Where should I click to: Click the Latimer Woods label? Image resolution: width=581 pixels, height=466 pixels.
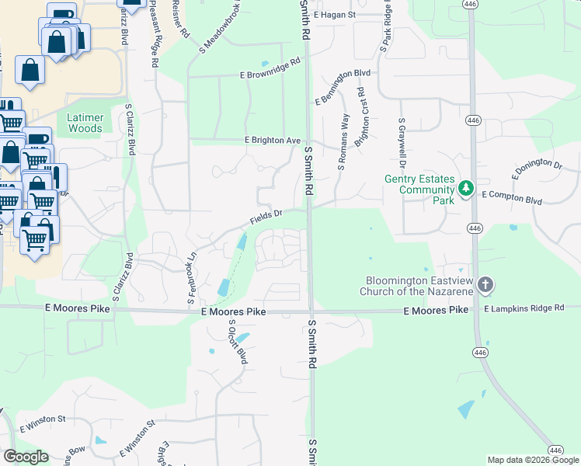coord(85,123)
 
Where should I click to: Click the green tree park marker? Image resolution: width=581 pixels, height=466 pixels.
coord(466,188)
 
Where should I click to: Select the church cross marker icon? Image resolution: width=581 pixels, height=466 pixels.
coord(485,284)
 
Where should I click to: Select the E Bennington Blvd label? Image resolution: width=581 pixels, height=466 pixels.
coord(343,86)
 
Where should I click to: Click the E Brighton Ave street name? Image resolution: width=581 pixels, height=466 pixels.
coord(272,140)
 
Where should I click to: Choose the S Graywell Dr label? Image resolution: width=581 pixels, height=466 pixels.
coord(402,143)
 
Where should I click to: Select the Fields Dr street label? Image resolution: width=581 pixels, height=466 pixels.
coord(265,217)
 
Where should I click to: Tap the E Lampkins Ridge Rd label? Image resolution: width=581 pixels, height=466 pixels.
coord(524,308)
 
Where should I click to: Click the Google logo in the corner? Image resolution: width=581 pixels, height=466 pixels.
coord(26,457)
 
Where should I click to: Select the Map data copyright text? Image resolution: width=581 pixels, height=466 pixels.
coord(533,460)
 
